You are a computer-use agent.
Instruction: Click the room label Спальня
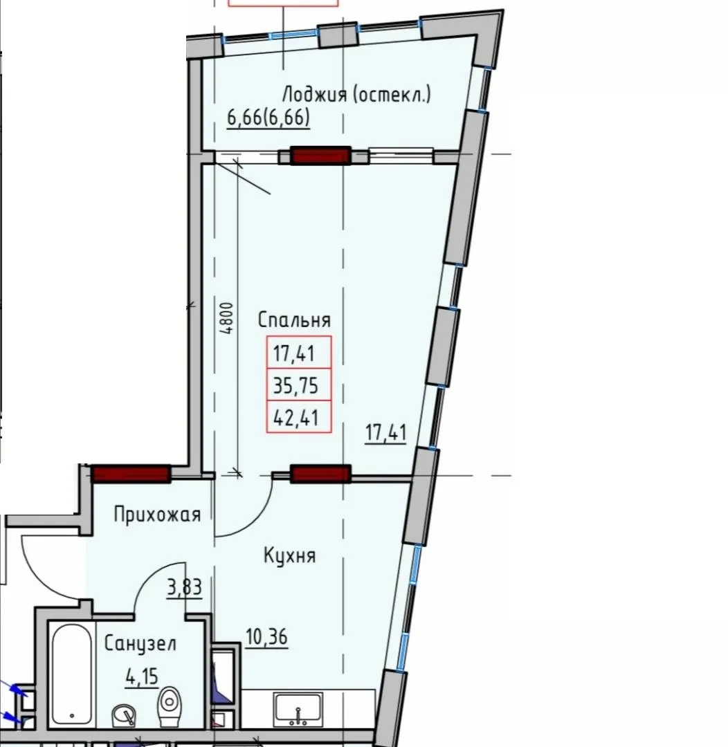(x=294, y=320)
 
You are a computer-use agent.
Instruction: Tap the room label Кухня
(x=289, y=555)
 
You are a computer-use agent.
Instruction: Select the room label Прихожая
(x=157, y=515)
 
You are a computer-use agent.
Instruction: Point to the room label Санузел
(x=140, y=644)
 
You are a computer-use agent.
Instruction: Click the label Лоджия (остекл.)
(x=356, y=94)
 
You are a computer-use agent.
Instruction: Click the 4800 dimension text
(x=228, y=318)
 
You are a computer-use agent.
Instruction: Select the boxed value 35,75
(x=295, y=385)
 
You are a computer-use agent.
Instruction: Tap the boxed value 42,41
(x=295, y=417)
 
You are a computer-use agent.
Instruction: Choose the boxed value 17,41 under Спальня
(x=293, y=354)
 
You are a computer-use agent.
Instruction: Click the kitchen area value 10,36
(x=267, y=636)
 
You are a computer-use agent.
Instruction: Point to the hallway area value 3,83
(x=185, y=587)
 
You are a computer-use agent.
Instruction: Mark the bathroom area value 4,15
(x=142, y=676)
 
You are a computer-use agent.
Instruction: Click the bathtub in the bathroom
(x=71, y=674)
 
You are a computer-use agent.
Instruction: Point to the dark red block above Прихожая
(x=131, y=474)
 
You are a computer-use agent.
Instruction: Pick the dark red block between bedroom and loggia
(x=321, y=156)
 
